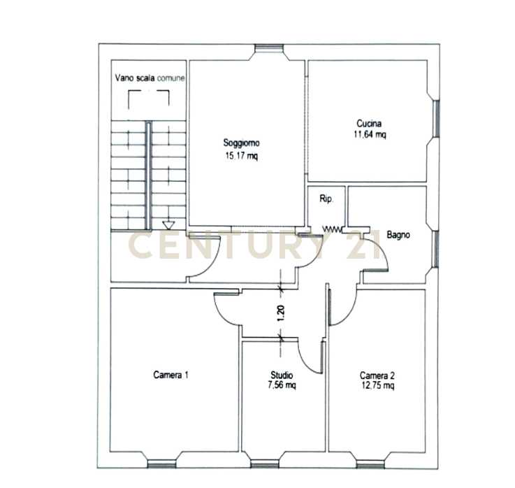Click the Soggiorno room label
pos(241,143)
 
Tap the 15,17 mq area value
pos(241,156)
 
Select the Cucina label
pos(369,124)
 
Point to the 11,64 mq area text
pos(370,134)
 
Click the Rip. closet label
pos(326,199)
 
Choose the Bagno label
pos(398,235)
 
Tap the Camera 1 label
pos(171,375)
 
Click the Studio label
pos(282,375)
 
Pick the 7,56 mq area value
pos(282,385)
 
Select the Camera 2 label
pos(377,375)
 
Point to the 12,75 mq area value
pos(378,385)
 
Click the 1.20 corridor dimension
pos(281,313)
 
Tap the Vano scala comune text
pos(150,78)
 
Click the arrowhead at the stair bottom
pos(168,225)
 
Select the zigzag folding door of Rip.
pos(332,229)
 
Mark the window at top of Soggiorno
pos(269,48)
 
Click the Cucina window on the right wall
pos(436,118)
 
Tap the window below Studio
pos(264,464)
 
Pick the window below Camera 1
pos(162,464)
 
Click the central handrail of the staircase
pos(148,175)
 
